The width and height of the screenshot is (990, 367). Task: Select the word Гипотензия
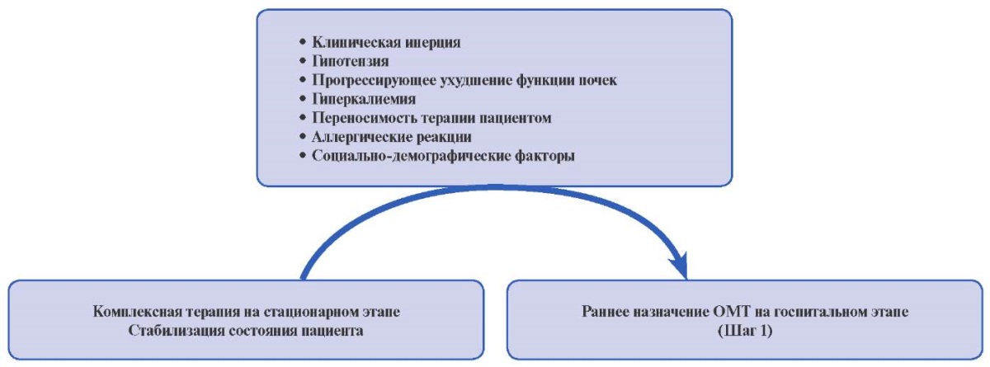(351, 61)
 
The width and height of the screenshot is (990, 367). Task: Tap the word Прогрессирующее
(375, 80)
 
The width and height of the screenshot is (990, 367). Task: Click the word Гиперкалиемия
(364, 99)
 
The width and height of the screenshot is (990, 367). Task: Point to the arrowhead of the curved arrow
(679, 266)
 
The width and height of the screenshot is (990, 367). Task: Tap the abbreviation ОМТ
(732, 312)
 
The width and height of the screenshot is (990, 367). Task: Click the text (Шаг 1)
(745, 331)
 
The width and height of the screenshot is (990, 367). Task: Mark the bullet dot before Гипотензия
(303, 61)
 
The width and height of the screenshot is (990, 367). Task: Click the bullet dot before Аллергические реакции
(303, 137)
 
